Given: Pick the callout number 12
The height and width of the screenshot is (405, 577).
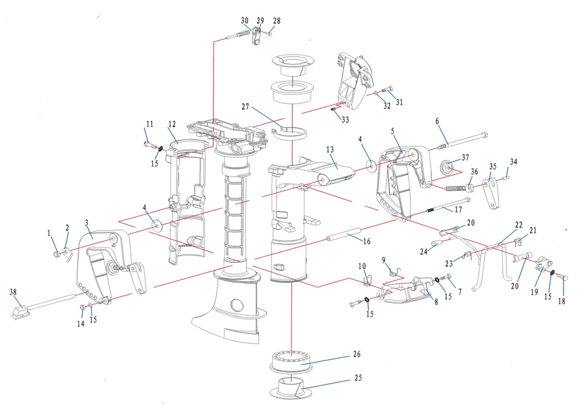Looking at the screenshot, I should pos(172,124).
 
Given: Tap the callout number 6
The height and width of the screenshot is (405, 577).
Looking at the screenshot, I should pos(437,121).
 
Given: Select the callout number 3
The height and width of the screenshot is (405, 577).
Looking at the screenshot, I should pos(86,223).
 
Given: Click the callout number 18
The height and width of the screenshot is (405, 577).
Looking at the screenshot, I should pos(562,301).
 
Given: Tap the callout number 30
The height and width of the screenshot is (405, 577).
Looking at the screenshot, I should pos(244,21).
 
